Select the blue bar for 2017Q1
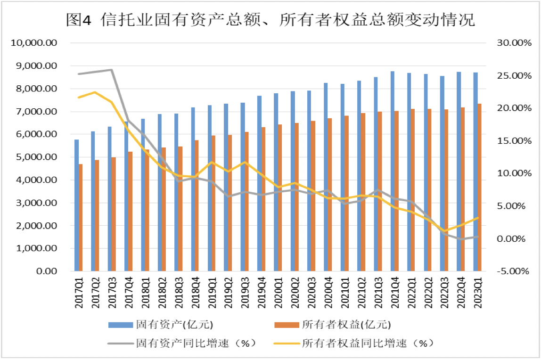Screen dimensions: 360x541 tap(77, 205)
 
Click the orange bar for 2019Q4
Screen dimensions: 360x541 tap(264, 199)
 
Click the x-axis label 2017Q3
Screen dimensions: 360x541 tap(110, 295)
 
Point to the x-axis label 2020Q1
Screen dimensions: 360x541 tap(277, 295)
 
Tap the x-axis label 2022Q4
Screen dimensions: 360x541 tap(459, 295)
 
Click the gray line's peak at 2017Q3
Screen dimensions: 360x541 tap(111, 70)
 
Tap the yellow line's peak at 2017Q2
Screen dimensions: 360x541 tap(94, 92)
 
